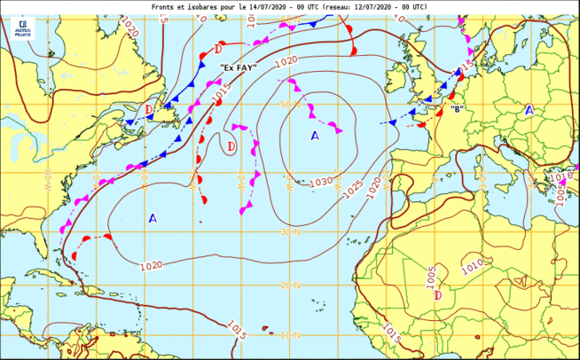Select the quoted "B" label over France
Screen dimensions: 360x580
tap(457, 109)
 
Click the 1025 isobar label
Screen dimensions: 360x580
tap(352, 189)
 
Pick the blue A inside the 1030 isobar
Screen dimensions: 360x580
tap(314, 136)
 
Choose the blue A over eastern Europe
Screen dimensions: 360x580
tap(529, 110)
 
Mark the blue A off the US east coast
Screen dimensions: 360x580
tap(153, 217)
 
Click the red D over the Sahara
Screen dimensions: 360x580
tap(437, 295)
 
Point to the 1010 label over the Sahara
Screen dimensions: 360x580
tap(474, 264)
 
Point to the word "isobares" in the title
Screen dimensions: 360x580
tap(212, 5)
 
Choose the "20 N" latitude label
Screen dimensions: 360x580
tap(290, 285)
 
